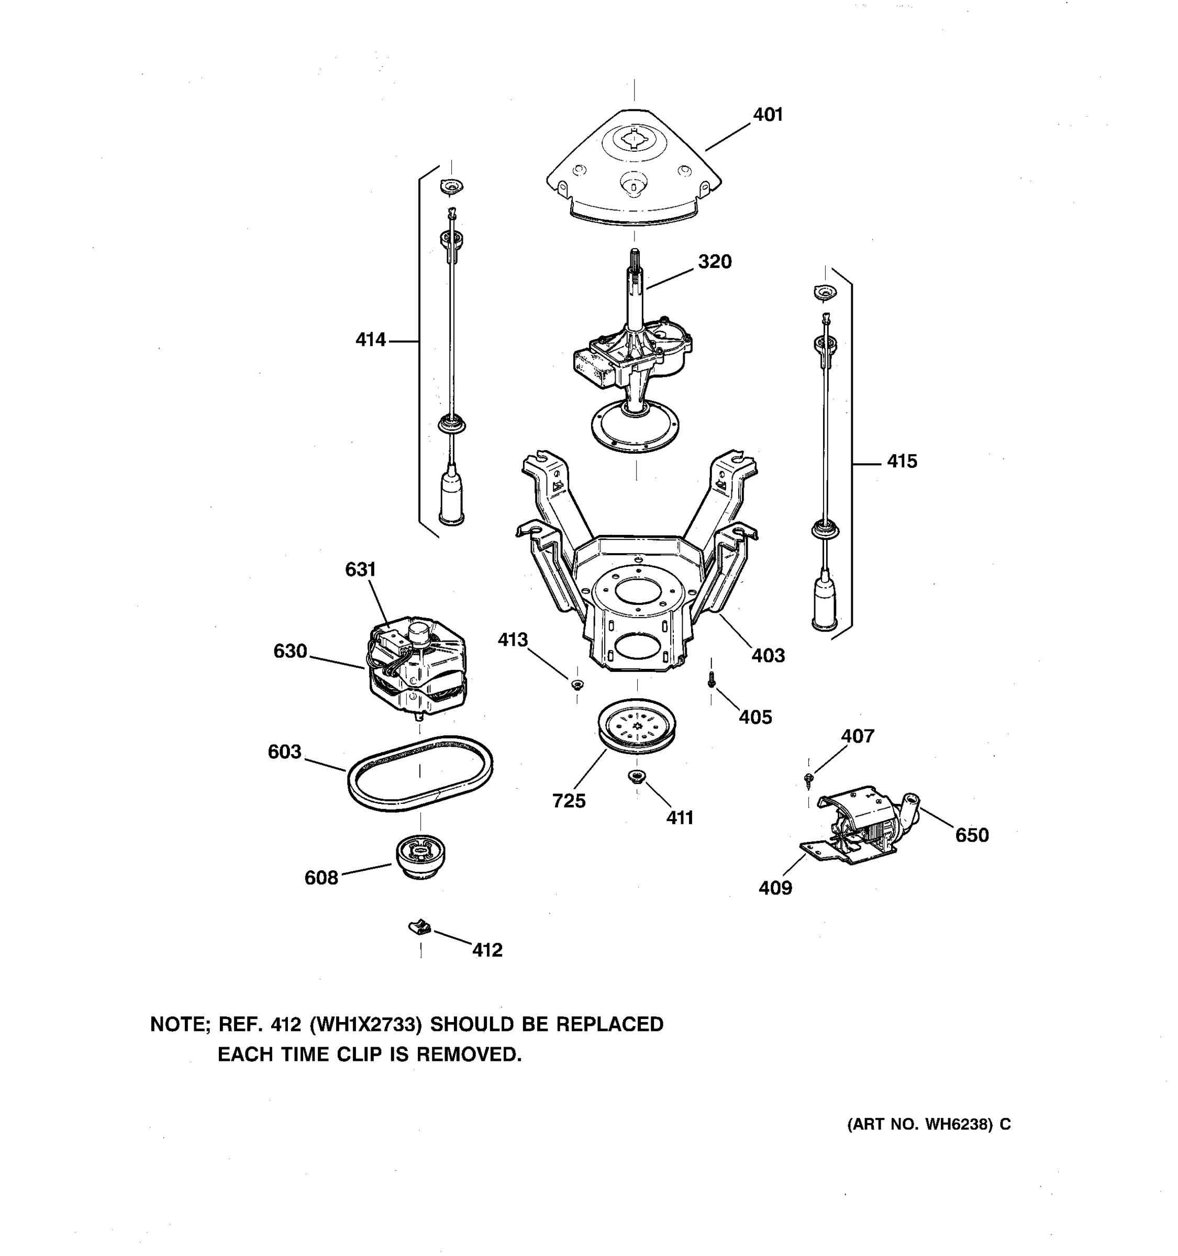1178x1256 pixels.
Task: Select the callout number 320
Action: click(714, 262)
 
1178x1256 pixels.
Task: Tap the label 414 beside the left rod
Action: click(370, 340)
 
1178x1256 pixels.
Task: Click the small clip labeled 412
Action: click(420, 927)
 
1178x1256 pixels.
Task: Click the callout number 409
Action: click(775, 888)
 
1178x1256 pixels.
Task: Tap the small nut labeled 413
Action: click(576, 684)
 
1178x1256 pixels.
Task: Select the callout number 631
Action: click(360, 569)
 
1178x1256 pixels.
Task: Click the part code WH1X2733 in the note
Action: click(366, 1024)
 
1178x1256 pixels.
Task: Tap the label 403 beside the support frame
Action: click(768, 655)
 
